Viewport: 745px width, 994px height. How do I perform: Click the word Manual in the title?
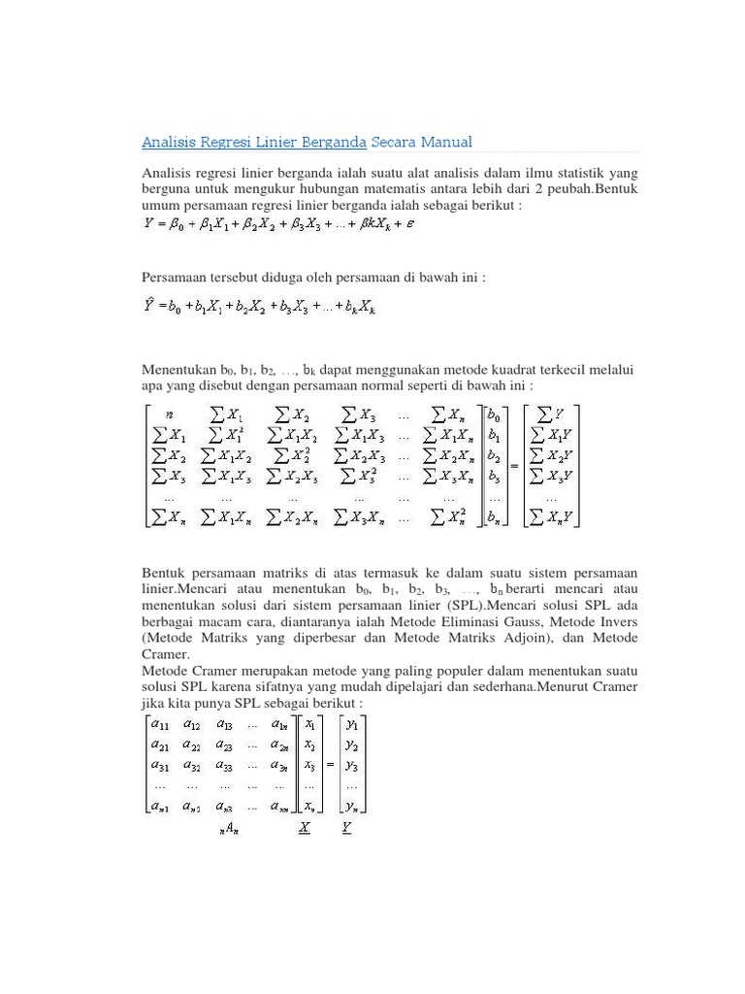coord(444,143)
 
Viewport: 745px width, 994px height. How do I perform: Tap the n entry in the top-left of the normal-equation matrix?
coord(170,414)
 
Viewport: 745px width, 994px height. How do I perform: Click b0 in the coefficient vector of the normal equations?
coord(495,414)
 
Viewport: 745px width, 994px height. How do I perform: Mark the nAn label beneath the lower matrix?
coord(228,828)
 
